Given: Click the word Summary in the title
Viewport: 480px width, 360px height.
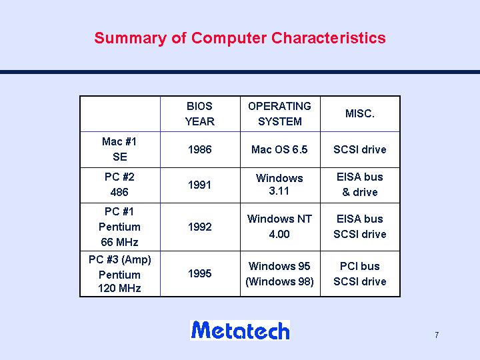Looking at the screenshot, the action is coord(131,39).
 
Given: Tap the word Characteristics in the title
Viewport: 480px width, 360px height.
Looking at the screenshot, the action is coord(328,38).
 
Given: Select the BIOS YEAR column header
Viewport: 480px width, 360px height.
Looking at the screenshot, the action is coord(199,114).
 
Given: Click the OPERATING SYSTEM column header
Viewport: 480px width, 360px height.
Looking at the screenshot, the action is coord(279,114).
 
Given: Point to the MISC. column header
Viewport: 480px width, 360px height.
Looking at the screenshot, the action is coord(360,113).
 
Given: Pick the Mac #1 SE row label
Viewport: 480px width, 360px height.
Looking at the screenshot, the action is coord(119,149).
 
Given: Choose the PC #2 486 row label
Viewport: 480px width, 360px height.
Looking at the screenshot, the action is coord(119,185).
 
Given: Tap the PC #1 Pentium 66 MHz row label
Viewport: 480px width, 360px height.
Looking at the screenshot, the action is coord(119,227).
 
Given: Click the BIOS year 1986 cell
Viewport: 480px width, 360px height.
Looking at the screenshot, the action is coord(199,149).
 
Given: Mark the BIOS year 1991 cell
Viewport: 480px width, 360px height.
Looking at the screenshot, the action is coord(199,185).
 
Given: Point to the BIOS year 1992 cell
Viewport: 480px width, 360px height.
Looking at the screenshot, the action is coord(199,227).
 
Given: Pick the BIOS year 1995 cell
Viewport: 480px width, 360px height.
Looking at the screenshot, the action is coord(199,273).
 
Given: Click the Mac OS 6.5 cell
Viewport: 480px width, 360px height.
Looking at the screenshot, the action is coord(279,149).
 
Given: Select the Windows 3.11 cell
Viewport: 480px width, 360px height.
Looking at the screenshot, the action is coord(279,185).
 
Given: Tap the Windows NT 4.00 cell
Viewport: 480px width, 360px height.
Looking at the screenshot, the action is coord(279,227).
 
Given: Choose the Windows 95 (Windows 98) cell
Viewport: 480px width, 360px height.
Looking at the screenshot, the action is coord(279,274).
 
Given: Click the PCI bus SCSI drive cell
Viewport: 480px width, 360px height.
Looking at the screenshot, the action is coord(360,274).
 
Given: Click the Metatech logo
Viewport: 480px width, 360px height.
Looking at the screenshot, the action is coord(240,330).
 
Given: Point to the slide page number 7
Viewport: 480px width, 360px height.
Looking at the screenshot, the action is coord(437,335).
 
